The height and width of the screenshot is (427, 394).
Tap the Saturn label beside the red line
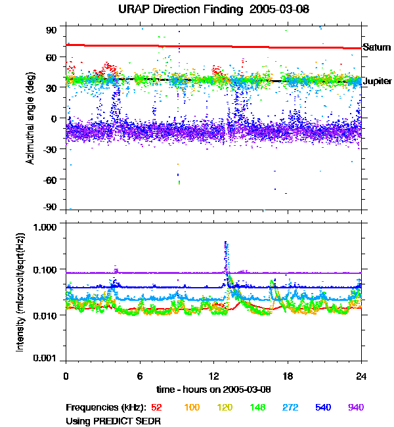[377, 47]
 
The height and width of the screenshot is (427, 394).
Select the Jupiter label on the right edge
[378, 80]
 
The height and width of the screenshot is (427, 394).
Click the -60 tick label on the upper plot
[50, 179]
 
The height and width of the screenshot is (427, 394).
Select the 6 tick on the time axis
[140, 375]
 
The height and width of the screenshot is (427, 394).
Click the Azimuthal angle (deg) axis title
[31, 118]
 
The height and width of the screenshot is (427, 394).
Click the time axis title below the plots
[213, 389]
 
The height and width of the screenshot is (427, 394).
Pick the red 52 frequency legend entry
[157, 407]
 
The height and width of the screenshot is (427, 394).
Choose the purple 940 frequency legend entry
[355, 407]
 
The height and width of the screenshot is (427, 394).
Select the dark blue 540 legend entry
[324, 407]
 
